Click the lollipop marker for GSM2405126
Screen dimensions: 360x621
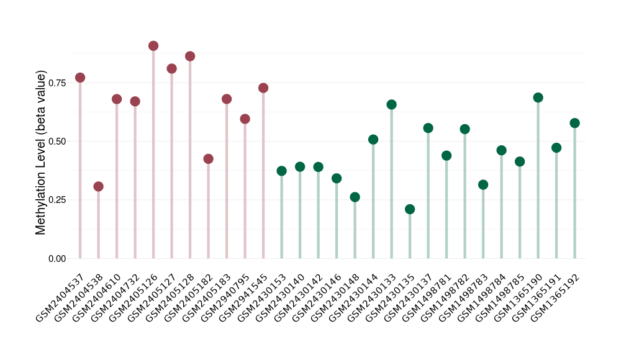pos(153,46)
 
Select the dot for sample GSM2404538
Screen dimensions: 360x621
pos(98,187)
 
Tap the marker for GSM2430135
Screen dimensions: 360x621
pos(410,209)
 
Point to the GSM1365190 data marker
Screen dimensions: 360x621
pos(538,97)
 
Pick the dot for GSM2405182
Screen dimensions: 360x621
pos(208,159)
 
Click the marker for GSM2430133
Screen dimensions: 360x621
pos(391,104)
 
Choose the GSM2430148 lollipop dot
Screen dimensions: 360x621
pos(355,197)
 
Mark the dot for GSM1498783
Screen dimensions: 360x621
pos(483,185)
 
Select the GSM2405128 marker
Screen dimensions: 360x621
pos(190,56)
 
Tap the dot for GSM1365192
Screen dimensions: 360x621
pos(575,123)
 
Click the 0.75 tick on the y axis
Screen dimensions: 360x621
pos(57,83)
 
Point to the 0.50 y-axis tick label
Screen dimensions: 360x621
pos(57,142)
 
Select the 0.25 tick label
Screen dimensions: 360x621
pos(57,200)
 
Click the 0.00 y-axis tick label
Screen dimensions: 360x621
pos(57,258)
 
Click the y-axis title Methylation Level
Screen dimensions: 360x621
pos(41,153)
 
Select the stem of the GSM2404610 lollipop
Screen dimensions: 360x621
pos(117,180)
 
